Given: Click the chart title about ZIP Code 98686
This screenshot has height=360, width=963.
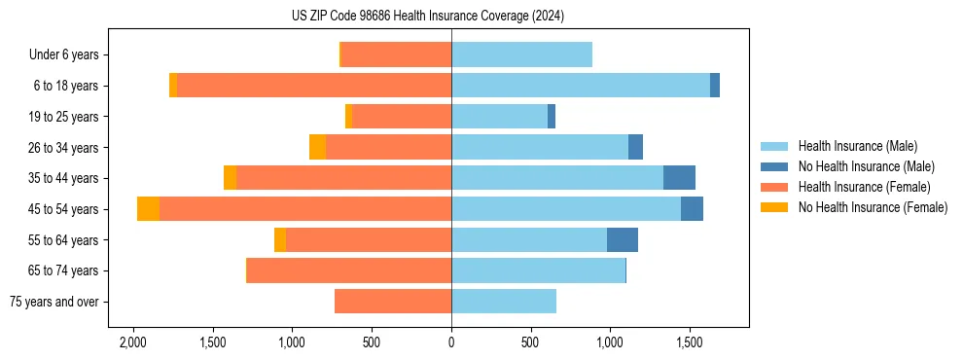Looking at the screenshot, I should click(x=427, y=17).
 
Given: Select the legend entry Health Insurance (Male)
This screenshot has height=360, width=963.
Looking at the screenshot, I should click(x=857, y=146).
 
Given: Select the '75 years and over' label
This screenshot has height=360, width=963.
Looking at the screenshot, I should click(x=53, y=302).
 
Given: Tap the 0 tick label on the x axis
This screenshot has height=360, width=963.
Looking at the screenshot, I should click(x=451, y=343).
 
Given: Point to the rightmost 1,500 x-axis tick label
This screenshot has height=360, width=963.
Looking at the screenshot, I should click(x=690, y=343).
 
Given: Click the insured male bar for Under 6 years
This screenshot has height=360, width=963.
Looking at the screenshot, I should click(x=521, y=54).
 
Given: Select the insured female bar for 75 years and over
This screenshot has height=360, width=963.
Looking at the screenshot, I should click(x=393, y=302).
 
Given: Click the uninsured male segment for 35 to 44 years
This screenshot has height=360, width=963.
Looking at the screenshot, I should click(x=679, y=178).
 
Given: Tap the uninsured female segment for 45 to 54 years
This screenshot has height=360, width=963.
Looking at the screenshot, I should click(x=148, y=209).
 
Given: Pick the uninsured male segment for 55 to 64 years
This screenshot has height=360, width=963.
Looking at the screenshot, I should click(x=623, y=239).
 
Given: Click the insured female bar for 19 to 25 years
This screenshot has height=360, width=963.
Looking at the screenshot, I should click(x=402, y=117).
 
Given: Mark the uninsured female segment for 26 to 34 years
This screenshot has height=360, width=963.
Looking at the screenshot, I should click(x=317, y=147).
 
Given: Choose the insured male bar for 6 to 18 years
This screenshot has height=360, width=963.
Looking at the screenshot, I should click(x=581, y=86).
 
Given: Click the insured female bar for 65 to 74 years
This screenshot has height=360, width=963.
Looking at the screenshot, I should click(x=349, y=270).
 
